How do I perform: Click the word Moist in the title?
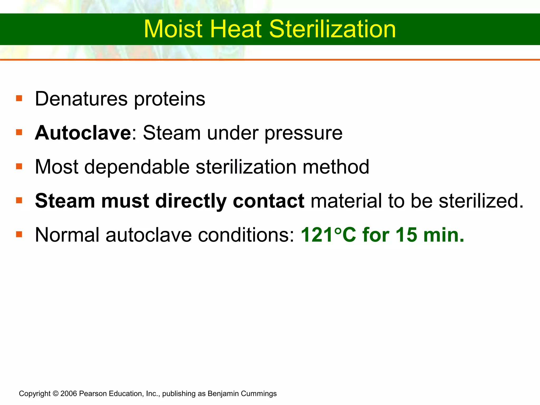point(173,29)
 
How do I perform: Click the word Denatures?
point(81,99)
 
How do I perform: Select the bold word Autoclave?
point(83,133)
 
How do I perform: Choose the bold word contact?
point(268,201)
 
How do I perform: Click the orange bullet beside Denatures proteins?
point(19,98)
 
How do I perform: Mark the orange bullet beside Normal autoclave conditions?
point(19,234)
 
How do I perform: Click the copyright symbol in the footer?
point(55,394)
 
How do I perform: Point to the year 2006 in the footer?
point(69,394)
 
